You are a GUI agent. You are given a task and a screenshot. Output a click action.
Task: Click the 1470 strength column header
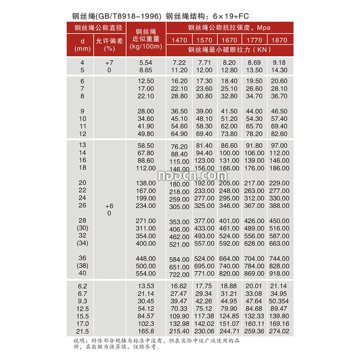pyautogui.click(x=179, y=40)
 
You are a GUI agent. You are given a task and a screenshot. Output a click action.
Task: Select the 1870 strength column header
pyautogui.click(x=279, y=40)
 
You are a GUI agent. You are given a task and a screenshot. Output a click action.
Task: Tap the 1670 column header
pyautogui.click(x=229, y=40)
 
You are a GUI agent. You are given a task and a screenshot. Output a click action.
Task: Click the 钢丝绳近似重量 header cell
pyautogui.click(x=146, y=39)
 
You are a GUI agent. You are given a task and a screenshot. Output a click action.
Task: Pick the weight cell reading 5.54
pyautogui.click(x=146, y=63)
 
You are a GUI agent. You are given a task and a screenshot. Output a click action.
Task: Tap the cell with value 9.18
pyautogui.click(x=279, y=63)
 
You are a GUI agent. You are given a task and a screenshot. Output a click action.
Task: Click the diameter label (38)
pyautogui.click(x=82, y=265)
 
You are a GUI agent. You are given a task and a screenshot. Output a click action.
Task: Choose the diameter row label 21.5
pyautogui.click(x=82, y=331)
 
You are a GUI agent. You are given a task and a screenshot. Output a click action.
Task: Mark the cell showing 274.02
pyautogui.click(x=279, y=331)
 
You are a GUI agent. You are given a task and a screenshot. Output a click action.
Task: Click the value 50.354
pyautogui.click(x=279, y=301)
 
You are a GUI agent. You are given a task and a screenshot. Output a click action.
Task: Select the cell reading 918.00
pyautogui.click(x=279, y=273)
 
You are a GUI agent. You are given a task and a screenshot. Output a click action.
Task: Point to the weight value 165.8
pyautogui.click(x=147, y=331)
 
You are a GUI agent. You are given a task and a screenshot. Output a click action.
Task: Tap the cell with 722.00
pyautogui.click(x=179, y=274)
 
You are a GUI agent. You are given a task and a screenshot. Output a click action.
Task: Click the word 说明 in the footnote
pyautogui.click(x=79, y=340)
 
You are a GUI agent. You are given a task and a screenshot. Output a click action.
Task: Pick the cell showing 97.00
pyautogui.click(x=279, y=145)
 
